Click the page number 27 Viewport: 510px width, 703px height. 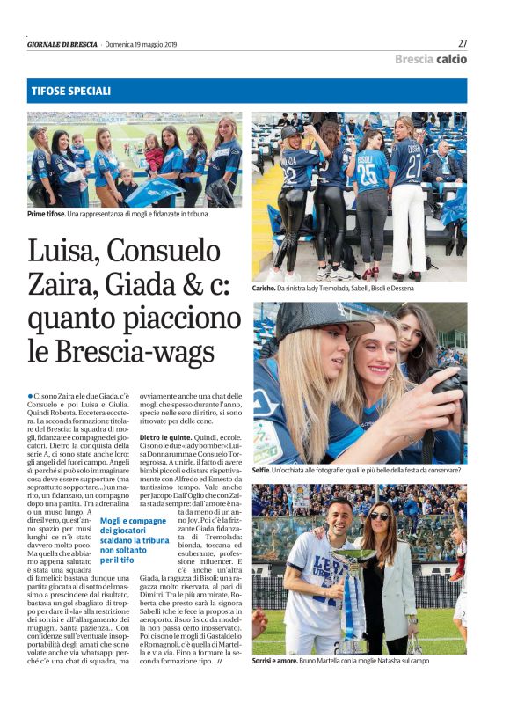462,42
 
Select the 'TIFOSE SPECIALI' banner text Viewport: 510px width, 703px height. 70,91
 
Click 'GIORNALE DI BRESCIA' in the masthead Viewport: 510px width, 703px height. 62,44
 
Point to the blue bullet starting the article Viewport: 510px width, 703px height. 30,398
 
